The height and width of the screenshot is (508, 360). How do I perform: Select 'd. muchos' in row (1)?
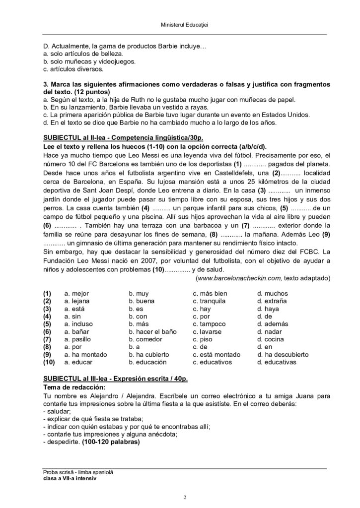[272, 294]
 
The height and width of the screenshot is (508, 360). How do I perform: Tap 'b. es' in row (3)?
[136, 309]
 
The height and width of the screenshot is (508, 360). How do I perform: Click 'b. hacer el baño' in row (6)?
[152, 331]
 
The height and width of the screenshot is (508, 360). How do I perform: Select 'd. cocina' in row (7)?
[270, 339]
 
